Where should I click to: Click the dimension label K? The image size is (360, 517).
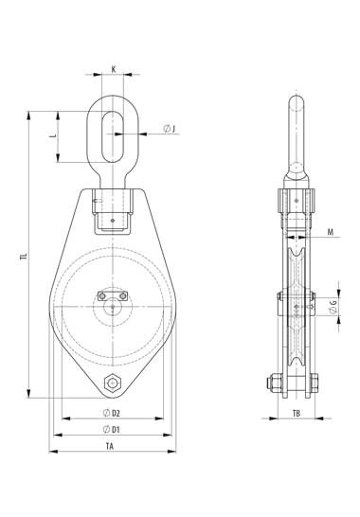click(114, 69)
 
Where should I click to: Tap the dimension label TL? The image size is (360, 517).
click(23, 257)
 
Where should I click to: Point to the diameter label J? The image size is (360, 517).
click(170, 129)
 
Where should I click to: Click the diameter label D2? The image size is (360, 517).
click(111, 413)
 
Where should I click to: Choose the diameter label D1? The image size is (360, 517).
click(111, 429)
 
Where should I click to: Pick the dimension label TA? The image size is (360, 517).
click(110, 446)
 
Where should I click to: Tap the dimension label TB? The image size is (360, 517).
click(297, 413)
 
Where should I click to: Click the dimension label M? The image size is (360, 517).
click(331, 232)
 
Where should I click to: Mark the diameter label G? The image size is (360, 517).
click(333, 306)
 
